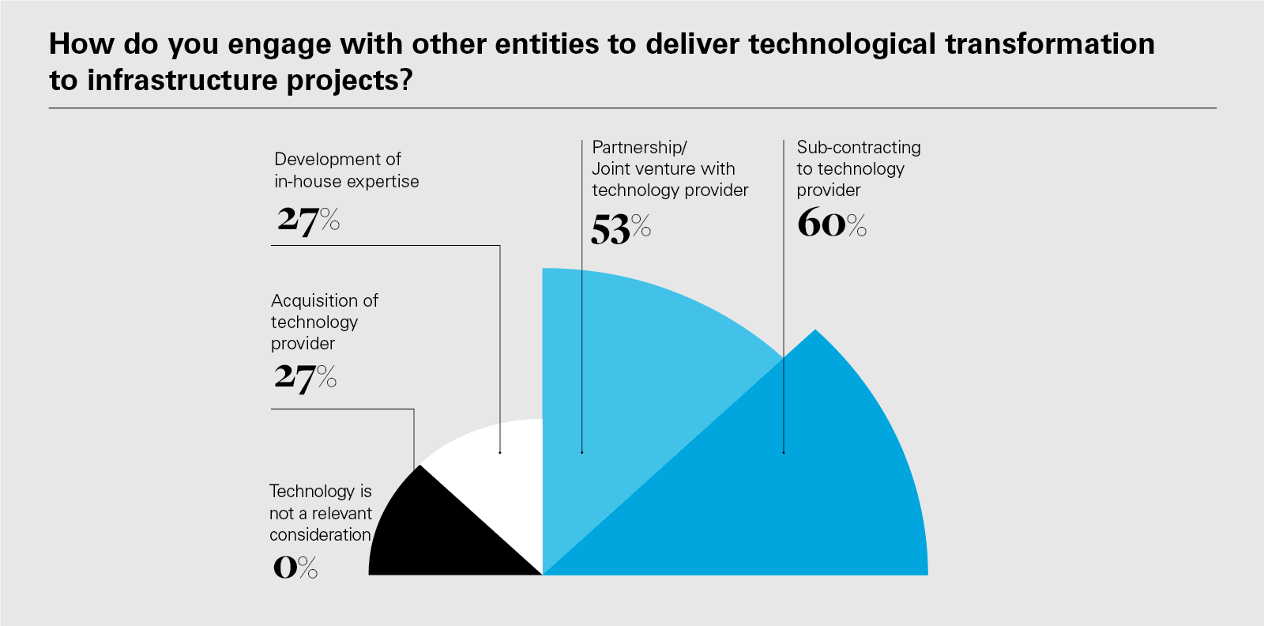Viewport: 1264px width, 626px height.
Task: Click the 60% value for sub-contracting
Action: pos(831,223)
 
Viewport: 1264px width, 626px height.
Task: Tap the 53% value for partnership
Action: pos(620,229)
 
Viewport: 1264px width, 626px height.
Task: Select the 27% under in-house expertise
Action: pos(308,220)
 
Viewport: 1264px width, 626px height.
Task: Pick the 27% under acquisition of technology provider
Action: pos(305,377)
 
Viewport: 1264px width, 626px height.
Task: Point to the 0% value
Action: pos(295,567)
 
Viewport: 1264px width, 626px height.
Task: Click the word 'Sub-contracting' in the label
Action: pos(859,148)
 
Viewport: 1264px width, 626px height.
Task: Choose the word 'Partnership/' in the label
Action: pos(639,148)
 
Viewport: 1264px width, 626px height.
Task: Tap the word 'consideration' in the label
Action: pos(320,535)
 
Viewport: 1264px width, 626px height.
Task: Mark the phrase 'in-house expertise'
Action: pos(346,182)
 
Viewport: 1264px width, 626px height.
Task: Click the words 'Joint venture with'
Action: pos(663,169)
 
